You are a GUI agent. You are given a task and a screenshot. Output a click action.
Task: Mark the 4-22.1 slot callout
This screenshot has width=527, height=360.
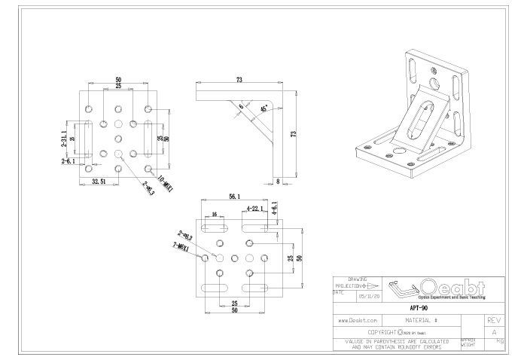point(256,208)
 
